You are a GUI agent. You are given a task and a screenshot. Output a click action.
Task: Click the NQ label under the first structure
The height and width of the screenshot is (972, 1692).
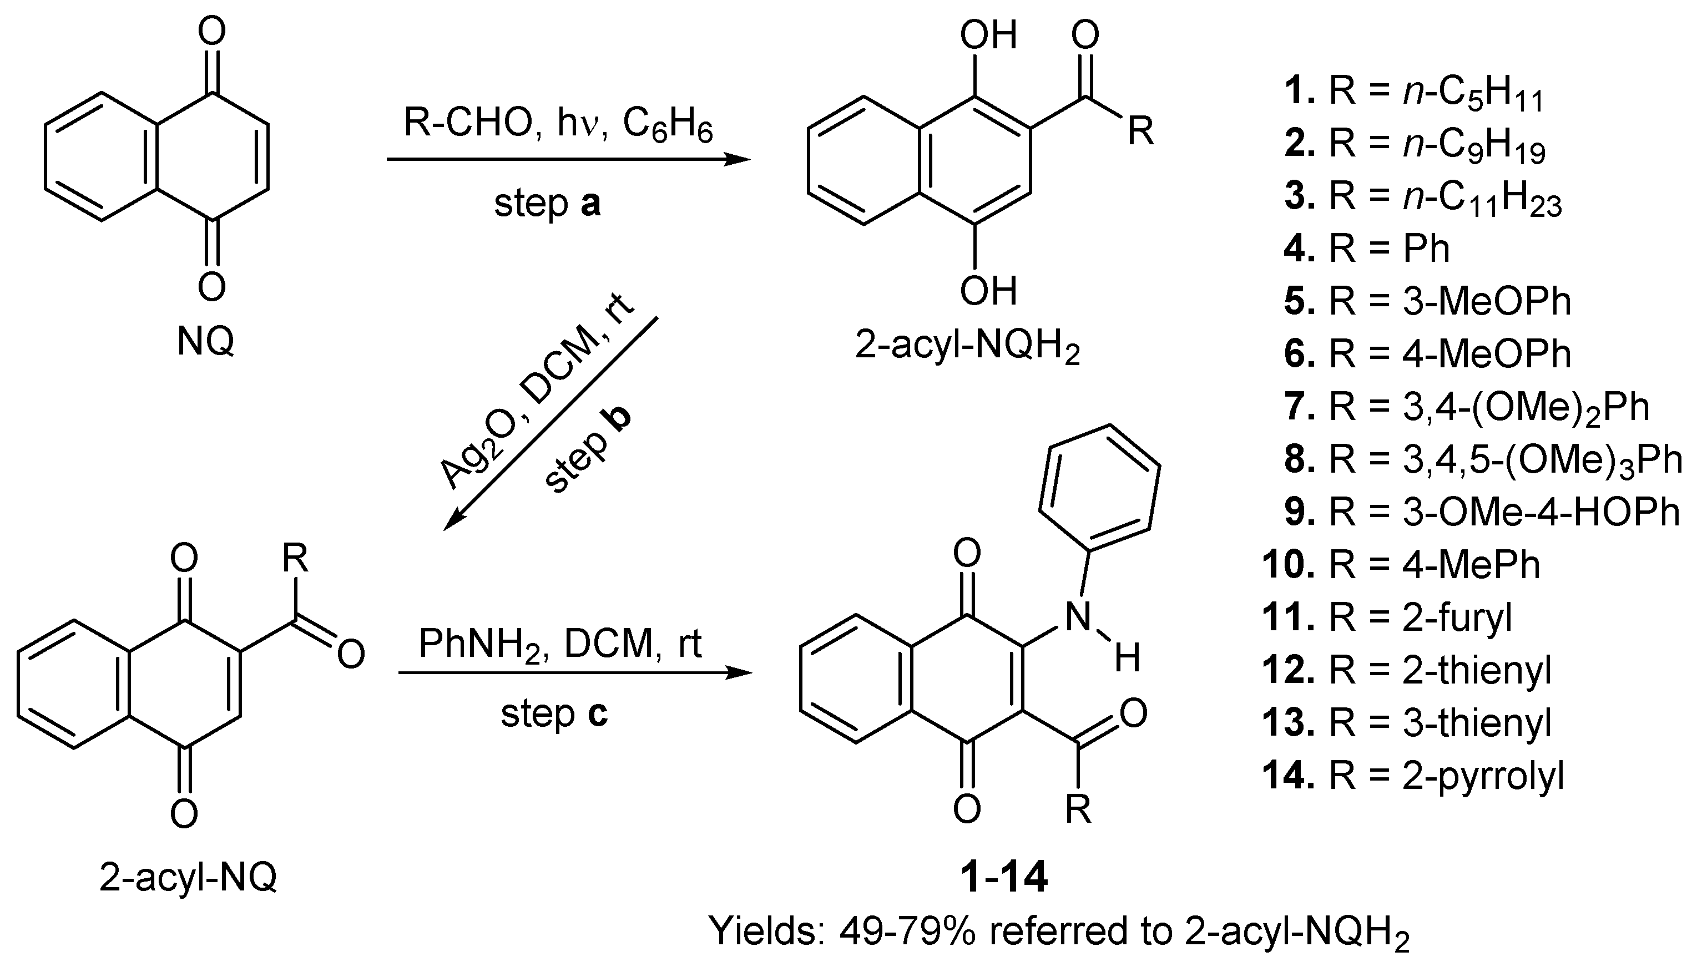tap(206, 342)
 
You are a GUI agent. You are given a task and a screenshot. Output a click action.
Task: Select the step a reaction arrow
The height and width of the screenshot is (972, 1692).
tap(568, 160)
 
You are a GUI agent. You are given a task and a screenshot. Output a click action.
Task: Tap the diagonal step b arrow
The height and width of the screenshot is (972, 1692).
tap(551, 424)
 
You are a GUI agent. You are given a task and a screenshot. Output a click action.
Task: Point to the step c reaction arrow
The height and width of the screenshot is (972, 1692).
tap(574, 673)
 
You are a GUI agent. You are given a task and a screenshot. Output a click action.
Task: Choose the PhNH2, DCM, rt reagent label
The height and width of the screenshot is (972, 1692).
tap(559, 644)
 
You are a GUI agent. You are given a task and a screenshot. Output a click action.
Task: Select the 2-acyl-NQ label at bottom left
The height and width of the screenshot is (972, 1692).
tap(188, 878)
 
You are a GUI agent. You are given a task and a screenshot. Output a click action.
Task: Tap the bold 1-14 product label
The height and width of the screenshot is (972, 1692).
tap(1003, 877)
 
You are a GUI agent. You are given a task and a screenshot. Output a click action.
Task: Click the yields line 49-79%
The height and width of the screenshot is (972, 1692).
tap(1058, 932)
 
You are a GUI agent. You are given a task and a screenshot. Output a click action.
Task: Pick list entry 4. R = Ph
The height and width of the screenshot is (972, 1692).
tap(1366, 249)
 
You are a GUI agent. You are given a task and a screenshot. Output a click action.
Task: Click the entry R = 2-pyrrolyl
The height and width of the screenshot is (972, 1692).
tap(1413, 776)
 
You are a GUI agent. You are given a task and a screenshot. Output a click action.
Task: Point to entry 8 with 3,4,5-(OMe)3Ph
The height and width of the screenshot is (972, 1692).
tap(1482, 460)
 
